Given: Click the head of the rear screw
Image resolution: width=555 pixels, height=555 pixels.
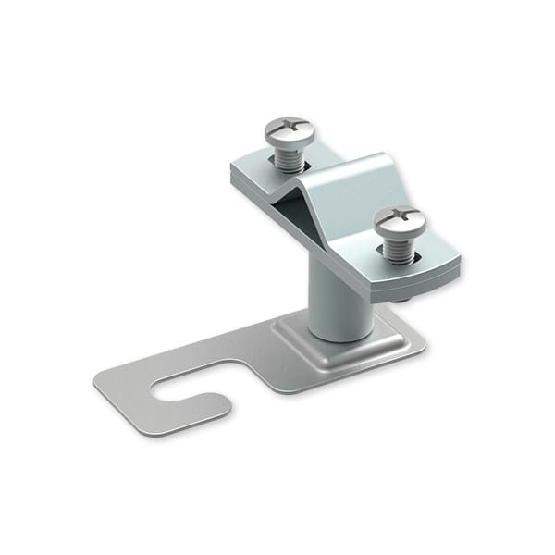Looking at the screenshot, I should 290,131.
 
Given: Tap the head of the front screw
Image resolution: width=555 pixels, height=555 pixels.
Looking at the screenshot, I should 400,222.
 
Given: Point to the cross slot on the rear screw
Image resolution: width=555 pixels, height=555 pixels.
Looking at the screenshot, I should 290,129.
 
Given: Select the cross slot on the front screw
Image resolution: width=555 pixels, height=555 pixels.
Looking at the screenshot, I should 400,219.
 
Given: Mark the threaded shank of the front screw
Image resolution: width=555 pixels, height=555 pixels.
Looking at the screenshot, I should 400,249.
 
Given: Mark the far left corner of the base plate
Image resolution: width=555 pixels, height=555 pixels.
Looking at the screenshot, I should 98,381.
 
